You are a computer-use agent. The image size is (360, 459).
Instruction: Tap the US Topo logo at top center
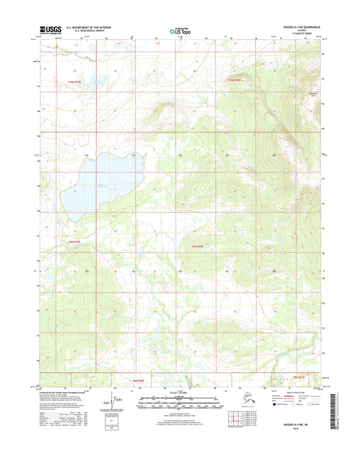[x=180, y=30]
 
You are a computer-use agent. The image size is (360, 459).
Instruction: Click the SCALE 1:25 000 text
[x=179, y=395]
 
